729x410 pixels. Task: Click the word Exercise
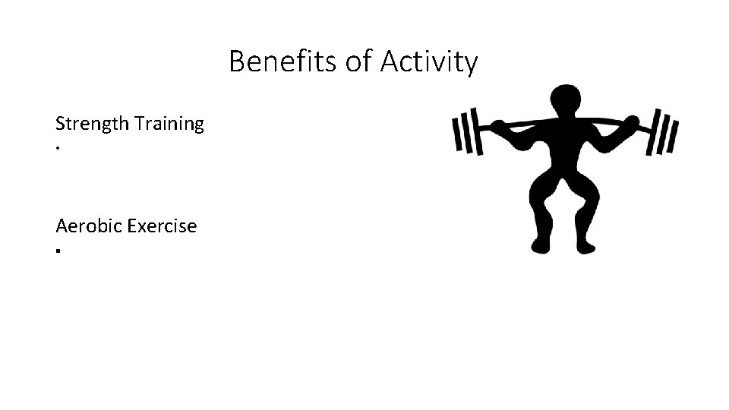[x=163, y=225]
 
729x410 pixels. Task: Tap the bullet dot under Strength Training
[x=58, y=147]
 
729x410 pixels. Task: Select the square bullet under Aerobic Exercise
[x=58, y=249]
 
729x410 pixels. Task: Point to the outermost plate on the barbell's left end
[x=456, y=131]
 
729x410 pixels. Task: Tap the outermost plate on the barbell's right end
[x=674, y=131]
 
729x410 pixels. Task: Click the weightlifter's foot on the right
[x=587, y=245]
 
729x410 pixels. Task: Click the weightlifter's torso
[x=563, y=148]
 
